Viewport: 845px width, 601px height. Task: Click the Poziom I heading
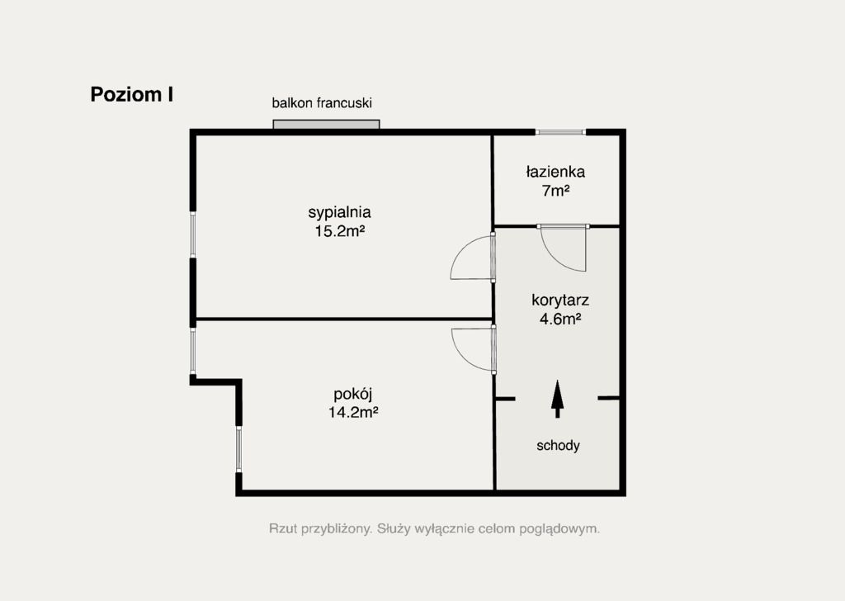tap(131, 94)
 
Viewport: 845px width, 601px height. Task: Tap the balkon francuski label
tap(322, 103)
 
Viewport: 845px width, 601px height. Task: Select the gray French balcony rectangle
tap(326, 125)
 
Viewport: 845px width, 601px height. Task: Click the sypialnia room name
tap(339, 212)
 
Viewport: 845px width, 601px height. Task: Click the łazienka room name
tap(555, 172)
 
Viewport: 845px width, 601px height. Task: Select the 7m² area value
tap(556, 191)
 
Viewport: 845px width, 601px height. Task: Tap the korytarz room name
tap(560, 300)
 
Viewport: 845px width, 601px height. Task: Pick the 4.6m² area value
tap(560, 319)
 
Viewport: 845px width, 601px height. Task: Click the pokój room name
tap(353, 394)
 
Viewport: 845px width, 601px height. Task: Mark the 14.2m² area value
tap(353, 413)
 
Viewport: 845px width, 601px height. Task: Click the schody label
tap(559, 446)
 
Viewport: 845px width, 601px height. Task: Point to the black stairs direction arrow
tap(557, 399)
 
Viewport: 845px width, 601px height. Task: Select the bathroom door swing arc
tap(555, 258)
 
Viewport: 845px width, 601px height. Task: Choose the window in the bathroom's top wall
tap(560, 131)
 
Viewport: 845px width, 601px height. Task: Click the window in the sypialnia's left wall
tap(193, 234)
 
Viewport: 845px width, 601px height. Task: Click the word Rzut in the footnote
tap(283, 528)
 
